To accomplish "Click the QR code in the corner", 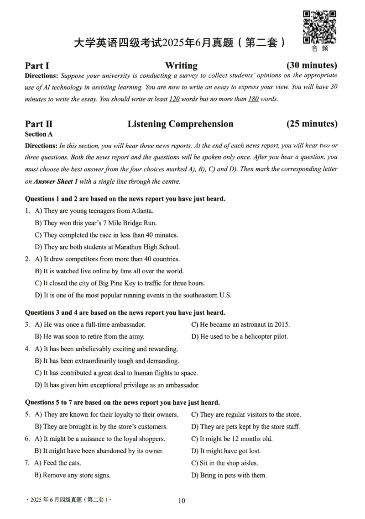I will point(320,26).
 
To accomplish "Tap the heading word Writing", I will point(181,65).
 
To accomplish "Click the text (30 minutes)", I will point(312,65).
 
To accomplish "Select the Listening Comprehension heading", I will point(180,124).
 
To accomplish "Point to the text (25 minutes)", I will point(312,124).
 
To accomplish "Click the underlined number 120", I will point(174,99).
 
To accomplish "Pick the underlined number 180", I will point(253,99).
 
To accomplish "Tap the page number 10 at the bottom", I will point(182,501).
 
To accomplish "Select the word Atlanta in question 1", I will point(142,211).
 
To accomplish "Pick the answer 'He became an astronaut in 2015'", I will point(240,325).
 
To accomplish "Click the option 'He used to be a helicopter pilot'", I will point(240,337).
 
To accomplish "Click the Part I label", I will point(37,65).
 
